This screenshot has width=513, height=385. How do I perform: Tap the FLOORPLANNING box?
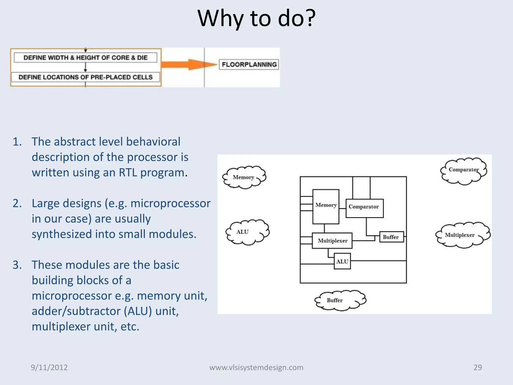click(x=249, y=64)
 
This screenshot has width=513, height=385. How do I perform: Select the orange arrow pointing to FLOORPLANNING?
click(x=188, y=64)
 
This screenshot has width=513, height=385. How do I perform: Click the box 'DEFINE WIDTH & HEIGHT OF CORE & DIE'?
click(x=85, y=58)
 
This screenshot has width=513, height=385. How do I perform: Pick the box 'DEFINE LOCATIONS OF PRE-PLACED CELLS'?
click(x=85, y=77)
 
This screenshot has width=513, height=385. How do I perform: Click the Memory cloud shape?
click(x=244, y=177)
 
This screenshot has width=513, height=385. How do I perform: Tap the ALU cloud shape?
click(x=247, y=232)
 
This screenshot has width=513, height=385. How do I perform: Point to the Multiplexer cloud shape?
click(x=462, y=235)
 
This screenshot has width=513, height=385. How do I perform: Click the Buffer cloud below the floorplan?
click(x=339, y=300)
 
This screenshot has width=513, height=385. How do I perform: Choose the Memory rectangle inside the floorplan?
click(x=326, y=207)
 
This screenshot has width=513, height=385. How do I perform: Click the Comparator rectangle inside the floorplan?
click(x=364, y=208)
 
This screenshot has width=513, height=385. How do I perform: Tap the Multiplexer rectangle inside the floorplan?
click(x=332, y=241)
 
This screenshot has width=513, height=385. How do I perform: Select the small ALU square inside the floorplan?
click(x=342, y=261)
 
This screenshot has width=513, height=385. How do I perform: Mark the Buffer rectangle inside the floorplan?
click(x=391, y=237)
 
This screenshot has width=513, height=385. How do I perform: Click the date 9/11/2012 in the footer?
click(x=49, y=367)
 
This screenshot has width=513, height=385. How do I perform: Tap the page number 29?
click(x=477, y=367)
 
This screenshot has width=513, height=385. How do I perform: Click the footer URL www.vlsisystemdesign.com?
click(x=256, y=367)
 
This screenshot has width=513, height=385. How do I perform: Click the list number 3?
click(x=17, y=265)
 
